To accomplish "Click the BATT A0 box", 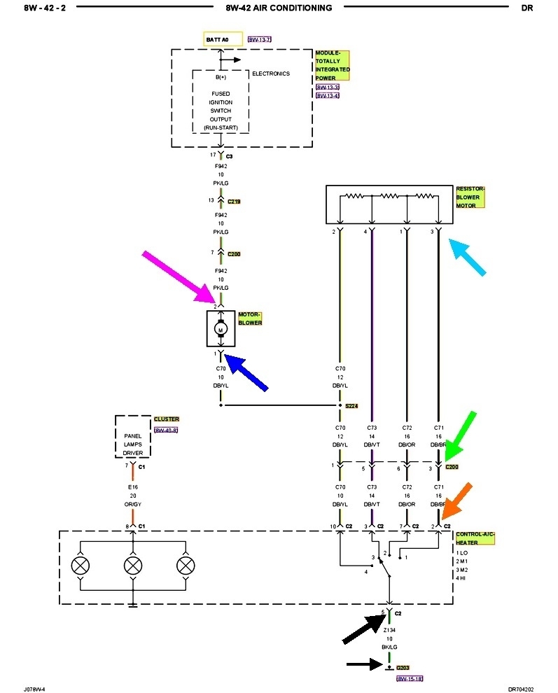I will (222, 39).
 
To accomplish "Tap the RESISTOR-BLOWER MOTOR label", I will (470, 197).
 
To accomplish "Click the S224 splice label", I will (351, 405).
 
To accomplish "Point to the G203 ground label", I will (403, 668).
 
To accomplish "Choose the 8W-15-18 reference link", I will (410, 678).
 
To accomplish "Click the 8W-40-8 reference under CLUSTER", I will (166, 429).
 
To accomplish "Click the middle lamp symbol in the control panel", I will (133, 565).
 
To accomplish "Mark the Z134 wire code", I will (389, 629).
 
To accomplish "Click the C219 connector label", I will (233, 201).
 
